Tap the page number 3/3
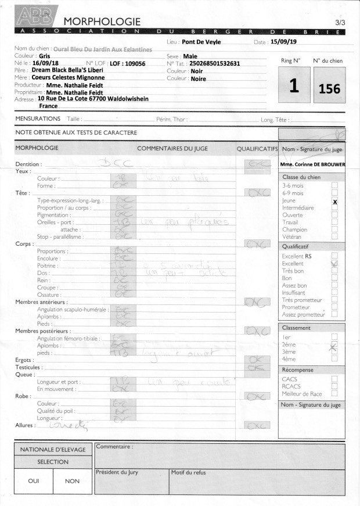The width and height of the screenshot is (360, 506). [340, 22]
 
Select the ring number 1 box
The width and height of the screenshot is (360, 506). [294, 85]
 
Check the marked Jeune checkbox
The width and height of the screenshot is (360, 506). [334, 201]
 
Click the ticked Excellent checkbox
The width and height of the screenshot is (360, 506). [334, 263]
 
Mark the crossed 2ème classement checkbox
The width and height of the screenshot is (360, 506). [334, 347]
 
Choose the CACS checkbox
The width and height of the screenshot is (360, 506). [334, 379]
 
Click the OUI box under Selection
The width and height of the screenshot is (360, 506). [34, 480]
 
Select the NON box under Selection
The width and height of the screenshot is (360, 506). [73, 480]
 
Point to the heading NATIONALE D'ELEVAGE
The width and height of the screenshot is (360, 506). [53, 449]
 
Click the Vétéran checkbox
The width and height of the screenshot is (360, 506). [334, 237]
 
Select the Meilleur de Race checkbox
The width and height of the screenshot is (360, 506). [334, 393]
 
